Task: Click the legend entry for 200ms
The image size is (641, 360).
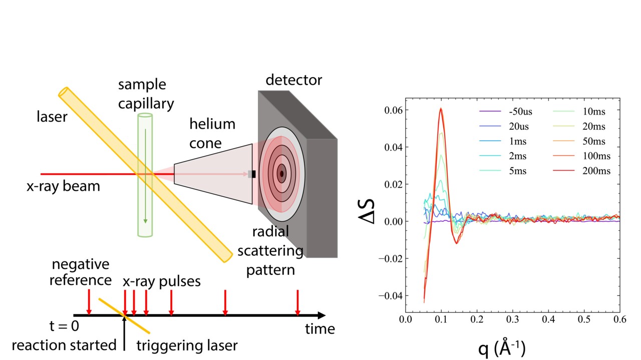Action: click(596, 171)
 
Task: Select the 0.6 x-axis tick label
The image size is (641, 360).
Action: click(619, 319)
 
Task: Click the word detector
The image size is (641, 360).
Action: click(294, 80)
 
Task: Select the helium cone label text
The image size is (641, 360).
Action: click(212, 133)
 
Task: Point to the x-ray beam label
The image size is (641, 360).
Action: click(64, 187)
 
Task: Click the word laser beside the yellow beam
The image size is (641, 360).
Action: click(52, 118)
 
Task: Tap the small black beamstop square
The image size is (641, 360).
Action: click(254, 174)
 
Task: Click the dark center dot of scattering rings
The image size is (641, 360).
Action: click(281, 174)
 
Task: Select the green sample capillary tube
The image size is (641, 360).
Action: click(145, 175)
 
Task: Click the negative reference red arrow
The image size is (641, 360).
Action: click(89, 302)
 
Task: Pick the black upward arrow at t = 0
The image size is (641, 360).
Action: click(124, 333)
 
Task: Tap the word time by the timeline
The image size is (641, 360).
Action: click(320, 329)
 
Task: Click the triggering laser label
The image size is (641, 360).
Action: click(186, 345)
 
